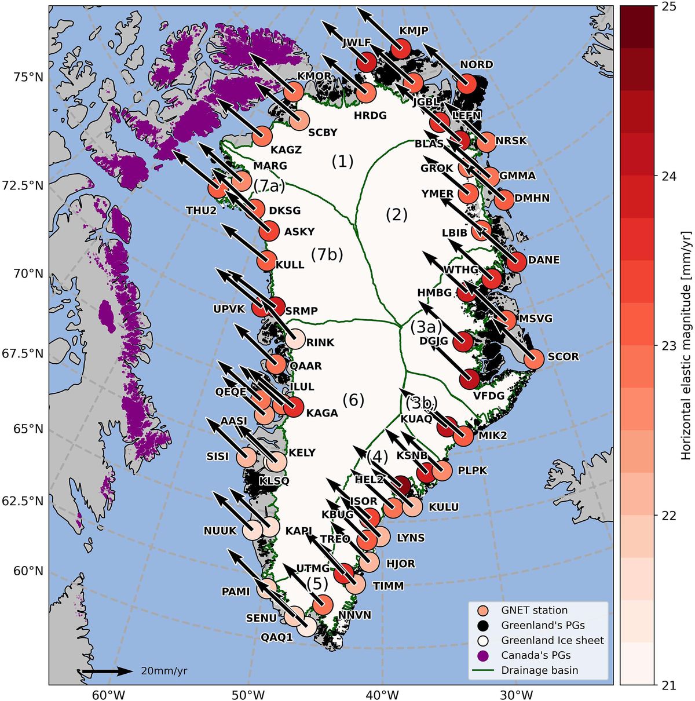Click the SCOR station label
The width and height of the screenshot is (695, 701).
click(x=563, y=357)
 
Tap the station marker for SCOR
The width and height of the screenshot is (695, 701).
click(x=534, y=359)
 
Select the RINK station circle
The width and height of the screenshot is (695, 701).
click(x=295, y=338)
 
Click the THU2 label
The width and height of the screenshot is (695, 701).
click(x=201, y=210)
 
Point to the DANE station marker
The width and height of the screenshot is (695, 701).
click(x=516, y=262)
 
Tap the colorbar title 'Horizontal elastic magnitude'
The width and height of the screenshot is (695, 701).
click(x=686, y=345)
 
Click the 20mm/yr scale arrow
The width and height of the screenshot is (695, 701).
click(x=108, y=671)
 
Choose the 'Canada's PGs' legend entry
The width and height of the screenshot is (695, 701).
click(x=536, y=655)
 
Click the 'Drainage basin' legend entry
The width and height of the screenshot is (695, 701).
click(x=539, y=670)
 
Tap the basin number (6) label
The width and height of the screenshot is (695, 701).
click(x=353, y=400)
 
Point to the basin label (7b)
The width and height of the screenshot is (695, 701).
click(x=327, y=254)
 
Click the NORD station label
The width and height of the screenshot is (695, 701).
click(x=476, y=64)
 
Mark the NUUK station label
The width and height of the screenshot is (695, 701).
click(x=220, y=531)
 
